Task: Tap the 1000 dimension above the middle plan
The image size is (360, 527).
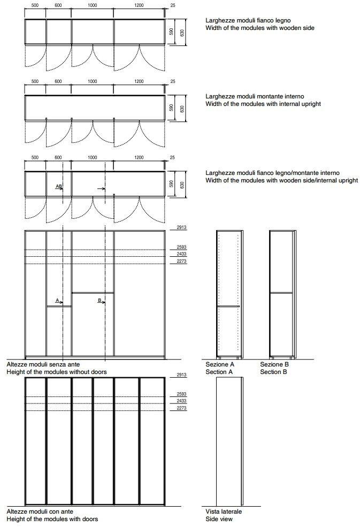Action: coord(93,82)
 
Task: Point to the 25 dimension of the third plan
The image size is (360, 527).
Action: coord(173,158)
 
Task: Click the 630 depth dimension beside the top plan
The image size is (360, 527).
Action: coord(182,33)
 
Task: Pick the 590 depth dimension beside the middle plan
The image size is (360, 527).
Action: coord(172,108)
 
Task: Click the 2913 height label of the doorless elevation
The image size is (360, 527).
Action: coord(182,228)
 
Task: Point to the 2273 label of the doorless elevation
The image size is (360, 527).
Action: coord(182,262)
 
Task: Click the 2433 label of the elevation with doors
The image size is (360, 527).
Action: coord(182,401)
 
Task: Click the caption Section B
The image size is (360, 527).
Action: coord(273,372)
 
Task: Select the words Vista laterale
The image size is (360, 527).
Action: coord(224,512)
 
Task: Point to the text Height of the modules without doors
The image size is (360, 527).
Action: coord(56,372)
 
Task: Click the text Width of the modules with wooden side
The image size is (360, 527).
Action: coord(260,28)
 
